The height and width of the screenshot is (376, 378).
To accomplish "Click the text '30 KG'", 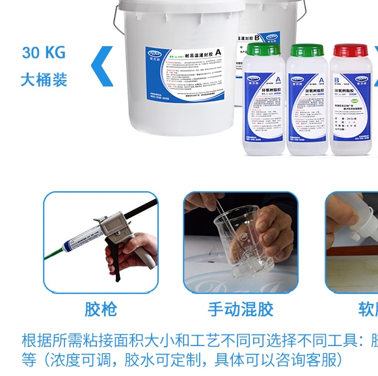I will (x=44, y=52).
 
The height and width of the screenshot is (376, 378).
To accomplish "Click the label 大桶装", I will (x=44, y=79).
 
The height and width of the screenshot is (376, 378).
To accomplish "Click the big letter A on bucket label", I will (x=219, y=53).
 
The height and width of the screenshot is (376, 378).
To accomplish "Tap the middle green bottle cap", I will (x=307, y=50).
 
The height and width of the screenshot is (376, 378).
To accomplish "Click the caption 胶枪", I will (x=101, y=309).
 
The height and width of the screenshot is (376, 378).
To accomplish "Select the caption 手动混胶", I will (x=240, y=309).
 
